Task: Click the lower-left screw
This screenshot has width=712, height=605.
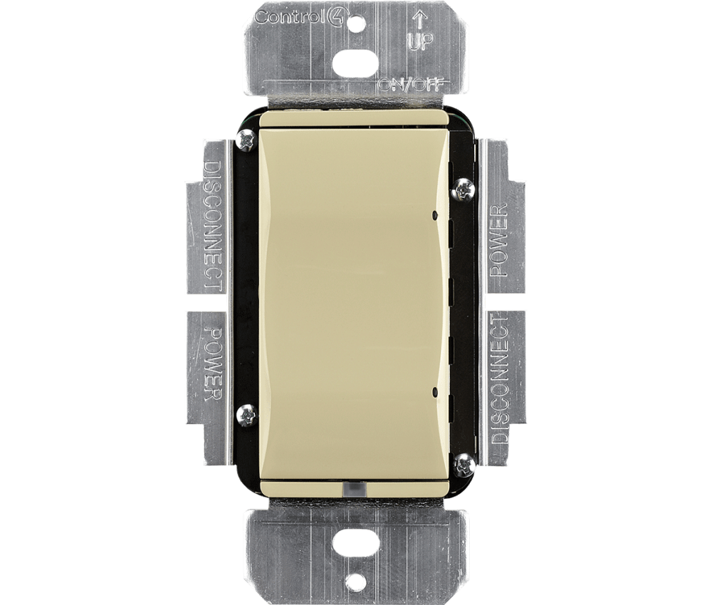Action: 246,414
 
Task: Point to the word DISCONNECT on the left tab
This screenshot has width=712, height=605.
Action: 211,226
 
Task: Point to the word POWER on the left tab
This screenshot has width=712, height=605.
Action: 211,364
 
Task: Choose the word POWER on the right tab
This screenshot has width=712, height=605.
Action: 501,239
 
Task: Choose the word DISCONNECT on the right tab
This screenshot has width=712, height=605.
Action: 501,377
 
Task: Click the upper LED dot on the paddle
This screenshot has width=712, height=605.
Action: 434,212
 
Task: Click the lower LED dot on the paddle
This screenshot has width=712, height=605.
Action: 434,391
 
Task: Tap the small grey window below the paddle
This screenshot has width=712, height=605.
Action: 354,490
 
